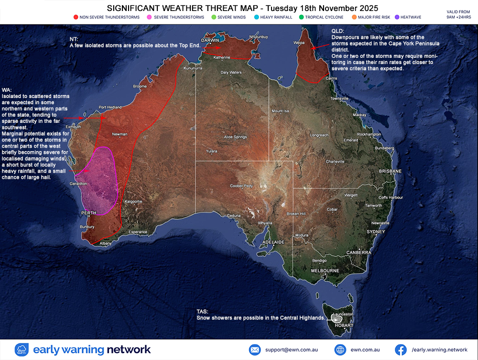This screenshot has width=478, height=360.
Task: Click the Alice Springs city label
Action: (235, 137)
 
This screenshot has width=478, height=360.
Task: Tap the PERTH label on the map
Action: (89, 213)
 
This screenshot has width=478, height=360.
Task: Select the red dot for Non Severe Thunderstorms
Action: (76, 17)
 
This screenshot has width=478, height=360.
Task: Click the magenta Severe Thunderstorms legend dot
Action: (150, 17)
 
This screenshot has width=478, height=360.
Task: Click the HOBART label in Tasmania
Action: (344, 326)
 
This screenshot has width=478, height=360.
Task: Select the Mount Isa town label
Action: (280, 111)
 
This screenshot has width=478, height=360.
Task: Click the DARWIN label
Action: (210, 41)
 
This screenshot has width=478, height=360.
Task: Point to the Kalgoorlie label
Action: (133, 201)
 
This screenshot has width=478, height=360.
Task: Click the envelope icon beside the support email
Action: (254, 349)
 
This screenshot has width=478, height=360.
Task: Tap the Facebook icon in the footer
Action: (401, 349)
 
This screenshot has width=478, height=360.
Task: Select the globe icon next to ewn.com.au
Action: (340, 349)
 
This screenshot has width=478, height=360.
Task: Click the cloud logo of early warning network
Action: (22, 349)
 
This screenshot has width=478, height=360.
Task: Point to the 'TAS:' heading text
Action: (202, 311)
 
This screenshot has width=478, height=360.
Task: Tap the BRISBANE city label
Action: (390, 171)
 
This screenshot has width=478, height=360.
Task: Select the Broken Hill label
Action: (296, 214)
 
